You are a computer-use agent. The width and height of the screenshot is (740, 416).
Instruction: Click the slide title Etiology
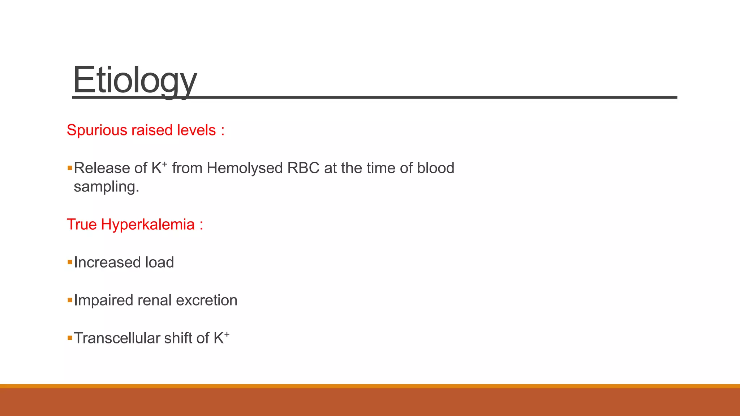coord(134,80)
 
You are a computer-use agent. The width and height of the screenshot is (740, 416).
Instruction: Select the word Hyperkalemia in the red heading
coord(148,225)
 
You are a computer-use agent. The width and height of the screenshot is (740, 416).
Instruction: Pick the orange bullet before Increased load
coord(70,263)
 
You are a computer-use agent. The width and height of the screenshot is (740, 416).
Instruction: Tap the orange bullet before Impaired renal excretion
coord(70,300)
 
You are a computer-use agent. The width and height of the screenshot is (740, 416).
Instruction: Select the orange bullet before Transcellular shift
coord(70,338)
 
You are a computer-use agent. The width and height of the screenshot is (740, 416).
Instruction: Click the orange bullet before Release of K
coord(70,168)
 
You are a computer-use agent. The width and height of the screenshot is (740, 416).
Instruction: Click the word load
coord(159,263)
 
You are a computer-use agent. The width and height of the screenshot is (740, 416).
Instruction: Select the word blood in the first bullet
coord(435,168)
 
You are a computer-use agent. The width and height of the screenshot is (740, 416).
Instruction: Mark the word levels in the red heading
coord(196,130)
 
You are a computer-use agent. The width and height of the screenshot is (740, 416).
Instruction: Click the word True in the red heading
coord(82,225)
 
